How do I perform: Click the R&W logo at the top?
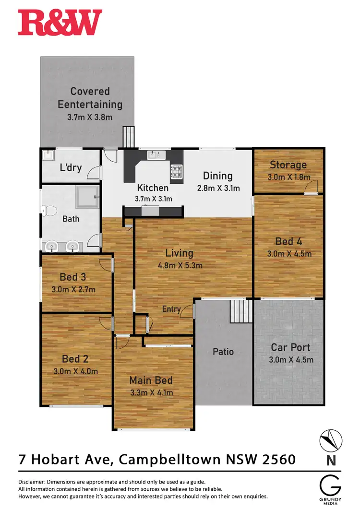pyautogui.click(x=60, y=23)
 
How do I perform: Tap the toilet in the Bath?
pyautogui.click(x=47, y=210)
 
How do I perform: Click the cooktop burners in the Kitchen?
pyautogui.click(x=176, y=171)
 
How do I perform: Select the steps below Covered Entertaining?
pyautogui.click(x=128, y=137)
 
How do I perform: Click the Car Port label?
pyautogui.click(x=290, y=347)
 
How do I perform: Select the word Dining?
pyautogui.click(x=217, y=176)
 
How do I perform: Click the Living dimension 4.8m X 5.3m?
pyautogui.click(x=180, y=265)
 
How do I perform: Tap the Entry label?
pyautogui.click(x=171, y=309)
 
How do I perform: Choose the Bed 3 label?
pyautogui.click(x=73, y=277)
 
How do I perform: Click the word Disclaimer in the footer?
pyautogui.click(x=33, y=481)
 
